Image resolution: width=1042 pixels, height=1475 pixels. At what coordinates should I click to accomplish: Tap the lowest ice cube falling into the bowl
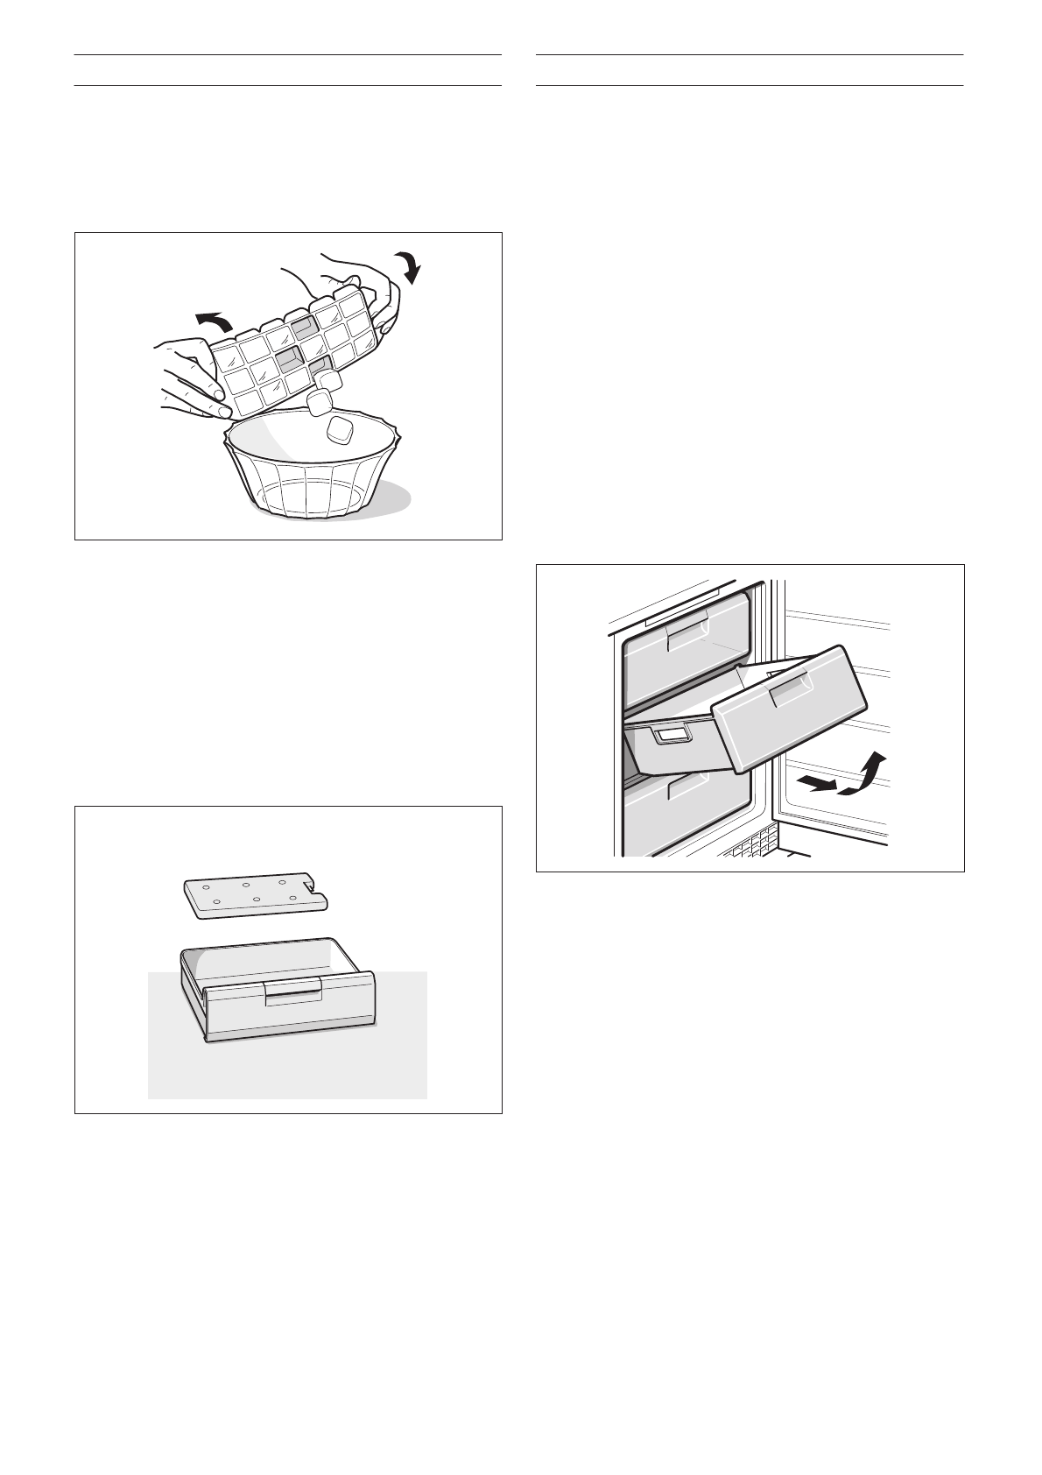click(339, 430)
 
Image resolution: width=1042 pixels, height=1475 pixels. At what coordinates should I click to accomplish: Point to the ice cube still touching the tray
click(327, 379)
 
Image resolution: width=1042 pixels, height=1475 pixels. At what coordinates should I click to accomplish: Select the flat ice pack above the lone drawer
click(254, 894)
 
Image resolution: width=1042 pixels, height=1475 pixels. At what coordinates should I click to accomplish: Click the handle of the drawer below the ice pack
click(293, 992)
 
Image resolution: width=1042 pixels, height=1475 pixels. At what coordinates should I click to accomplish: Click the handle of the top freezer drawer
click(686, 636)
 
